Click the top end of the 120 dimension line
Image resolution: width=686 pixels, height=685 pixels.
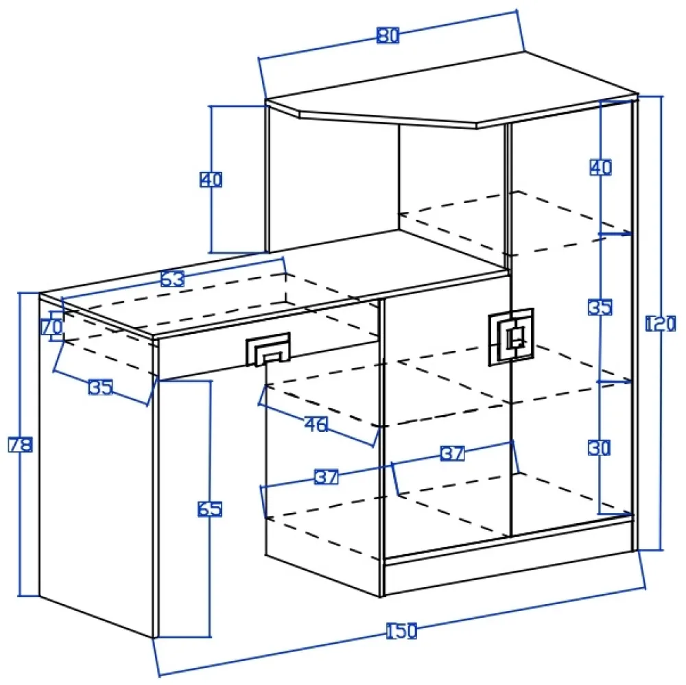661,96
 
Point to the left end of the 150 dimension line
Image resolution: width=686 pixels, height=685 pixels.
159,676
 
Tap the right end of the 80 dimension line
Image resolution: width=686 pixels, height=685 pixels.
517,10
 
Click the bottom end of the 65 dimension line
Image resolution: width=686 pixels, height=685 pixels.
210,637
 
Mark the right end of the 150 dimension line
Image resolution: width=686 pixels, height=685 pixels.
645,588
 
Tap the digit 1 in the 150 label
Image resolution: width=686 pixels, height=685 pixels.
390,632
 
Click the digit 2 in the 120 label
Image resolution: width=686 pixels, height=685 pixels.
661,324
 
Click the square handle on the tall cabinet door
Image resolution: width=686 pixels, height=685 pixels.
511,337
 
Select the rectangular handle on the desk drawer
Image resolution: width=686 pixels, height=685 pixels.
268,349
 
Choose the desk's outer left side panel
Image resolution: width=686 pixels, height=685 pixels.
96,466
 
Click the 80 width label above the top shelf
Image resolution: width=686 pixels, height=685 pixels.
388,36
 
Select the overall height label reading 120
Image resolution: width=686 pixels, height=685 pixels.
661,324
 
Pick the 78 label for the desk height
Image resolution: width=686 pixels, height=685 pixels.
21,445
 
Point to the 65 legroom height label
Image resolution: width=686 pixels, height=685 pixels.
210,509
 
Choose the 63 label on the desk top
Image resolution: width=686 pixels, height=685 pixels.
172,278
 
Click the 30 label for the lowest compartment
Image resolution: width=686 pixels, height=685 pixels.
600,448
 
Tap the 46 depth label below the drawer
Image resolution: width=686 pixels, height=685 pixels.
316,424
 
